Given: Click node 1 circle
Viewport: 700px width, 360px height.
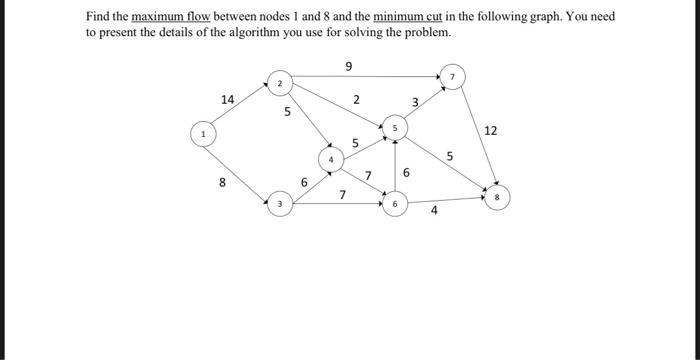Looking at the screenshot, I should click(x=203, y=132).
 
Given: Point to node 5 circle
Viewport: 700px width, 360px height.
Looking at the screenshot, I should click(x=395, y=129).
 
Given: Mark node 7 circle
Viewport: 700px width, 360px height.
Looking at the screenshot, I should click(x=451, y=78).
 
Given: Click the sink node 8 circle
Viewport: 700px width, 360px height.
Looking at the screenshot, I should click(x=501, y=195).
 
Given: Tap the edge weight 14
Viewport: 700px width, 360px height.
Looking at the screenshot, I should click(x=228, y=99).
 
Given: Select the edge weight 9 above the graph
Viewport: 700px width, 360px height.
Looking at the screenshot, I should click(x=348, y=67).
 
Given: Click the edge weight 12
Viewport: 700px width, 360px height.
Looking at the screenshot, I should click(x=490, y=131).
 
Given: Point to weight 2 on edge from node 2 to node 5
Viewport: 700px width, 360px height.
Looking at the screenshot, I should click(x=357, y=100).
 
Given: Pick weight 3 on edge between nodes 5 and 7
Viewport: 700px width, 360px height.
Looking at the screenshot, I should click(x=416, y=102).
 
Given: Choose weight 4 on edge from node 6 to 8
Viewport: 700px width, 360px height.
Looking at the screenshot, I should click(x=434, y=211).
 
